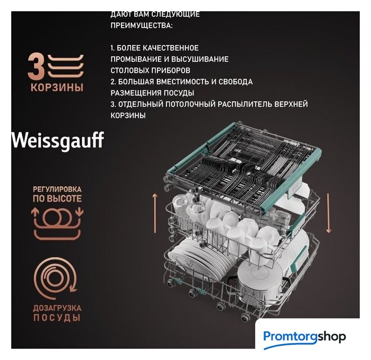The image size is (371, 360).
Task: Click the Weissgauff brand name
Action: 57,141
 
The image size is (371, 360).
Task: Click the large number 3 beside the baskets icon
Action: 36,66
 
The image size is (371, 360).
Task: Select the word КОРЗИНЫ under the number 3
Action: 57,87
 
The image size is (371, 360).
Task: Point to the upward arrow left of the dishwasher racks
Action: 155,213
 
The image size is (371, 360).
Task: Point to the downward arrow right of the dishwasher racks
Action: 328,213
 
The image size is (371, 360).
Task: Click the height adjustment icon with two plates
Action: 57,224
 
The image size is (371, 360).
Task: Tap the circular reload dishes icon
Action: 56,279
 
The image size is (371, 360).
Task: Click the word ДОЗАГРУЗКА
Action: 57,308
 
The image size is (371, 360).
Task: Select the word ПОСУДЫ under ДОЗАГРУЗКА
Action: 57,318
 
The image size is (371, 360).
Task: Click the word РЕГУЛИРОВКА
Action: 57,189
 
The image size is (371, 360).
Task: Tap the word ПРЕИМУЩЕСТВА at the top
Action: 142,25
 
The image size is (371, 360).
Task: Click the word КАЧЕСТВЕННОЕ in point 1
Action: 170,48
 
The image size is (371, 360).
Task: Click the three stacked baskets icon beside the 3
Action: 66,66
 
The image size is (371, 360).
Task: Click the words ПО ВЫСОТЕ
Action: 57,199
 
